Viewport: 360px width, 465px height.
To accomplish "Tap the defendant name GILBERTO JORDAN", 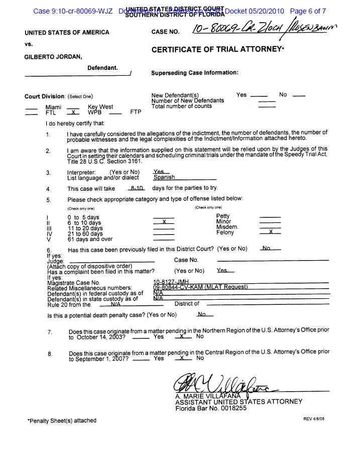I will [x=53, y=56].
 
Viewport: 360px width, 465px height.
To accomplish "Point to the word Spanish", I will [x=164, y=177].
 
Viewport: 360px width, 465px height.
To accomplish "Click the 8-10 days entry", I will [x=136, y=188].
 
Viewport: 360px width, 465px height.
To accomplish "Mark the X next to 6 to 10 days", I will [x=163, y=222].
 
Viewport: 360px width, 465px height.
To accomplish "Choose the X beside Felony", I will [x=270, y=232].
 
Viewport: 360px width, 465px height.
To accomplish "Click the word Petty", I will [x=222, y=216].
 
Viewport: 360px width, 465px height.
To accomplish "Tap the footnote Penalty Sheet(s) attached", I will [x=62, y=421].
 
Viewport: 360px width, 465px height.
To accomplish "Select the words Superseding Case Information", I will [x=194, y=73].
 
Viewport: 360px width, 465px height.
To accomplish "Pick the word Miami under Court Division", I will [x=53, y=107].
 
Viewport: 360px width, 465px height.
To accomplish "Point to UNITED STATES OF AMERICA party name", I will [x=67, y=33].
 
